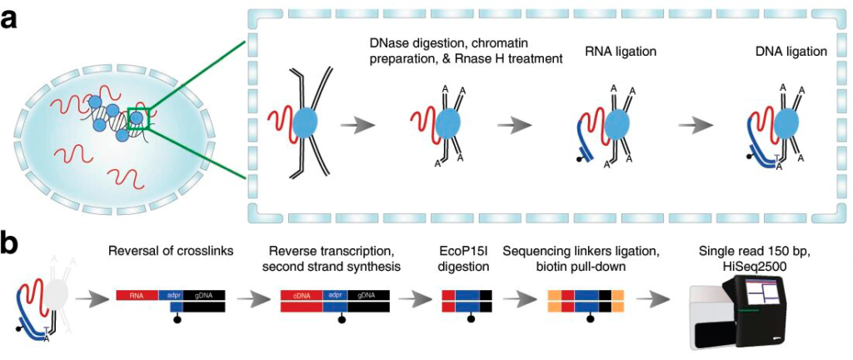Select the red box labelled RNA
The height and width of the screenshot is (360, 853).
pyautogui.click(x=143, y=295)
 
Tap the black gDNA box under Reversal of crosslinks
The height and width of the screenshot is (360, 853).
pyautogui.click(x=204, y=295)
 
